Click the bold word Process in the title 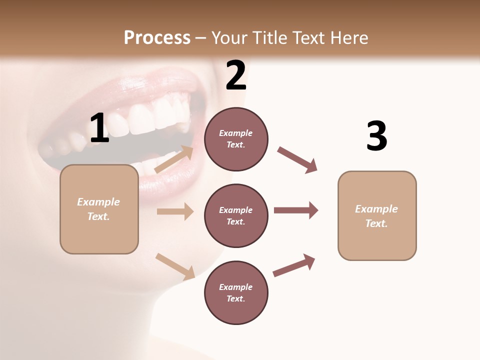tap(157, 38)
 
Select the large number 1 tap(99, 128)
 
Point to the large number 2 tap(236, 75)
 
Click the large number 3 tap(376, 136)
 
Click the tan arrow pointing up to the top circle tap(174, 159)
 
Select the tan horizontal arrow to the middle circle tap(175, 211)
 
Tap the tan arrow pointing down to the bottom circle tap(175, 266)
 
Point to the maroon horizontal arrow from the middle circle tap(296, 210)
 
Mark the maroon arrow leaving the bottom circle tap(294, 265)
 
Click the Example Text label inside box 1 tap(99, 209)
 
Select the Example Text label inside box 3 tap(376, 216)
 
